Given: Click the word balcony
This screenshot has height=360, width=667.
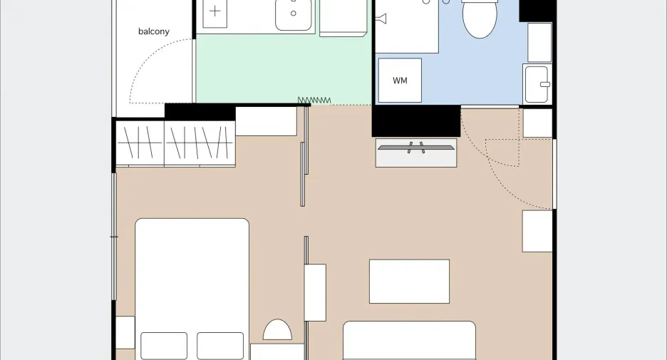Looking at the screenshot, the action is tap(153, 31).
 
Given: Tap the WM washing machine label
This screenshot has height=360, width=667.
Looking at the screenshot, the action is tap(400, 81).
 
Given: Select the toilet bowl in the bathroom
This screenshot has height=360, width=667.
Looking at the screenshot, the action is tap(480, 19).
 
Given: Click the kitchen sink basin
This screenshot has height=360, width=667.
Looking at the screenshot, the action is tap(293, 14).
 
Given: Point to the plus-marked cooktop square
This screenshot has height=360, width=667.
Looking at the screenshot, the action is tap(214, 12).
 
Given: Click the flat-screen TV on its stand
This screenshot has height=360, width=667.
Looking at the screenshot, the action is tap(415, 148).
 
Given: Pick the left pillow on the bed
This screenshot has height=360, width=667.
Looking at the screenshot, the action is tap(164, 346).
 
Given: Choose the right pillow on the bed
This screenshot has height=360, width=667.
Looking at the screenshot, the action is tap(220, 346).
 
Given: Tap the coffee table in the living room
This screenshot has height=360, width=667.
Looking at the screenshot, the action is tap(409, 282).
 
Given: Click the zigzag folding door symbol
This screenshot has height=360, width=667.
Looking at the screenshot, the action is tap(314, 101).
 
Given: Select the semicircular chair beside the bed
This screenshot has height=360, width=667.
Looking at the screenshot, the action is tap(277, 330).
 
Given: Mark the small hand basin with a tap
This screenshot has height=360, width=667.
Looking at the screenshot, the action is tap(537, 84).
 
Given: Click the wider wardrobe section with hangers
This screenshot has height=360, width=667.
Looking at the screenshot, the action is tap(200, 143).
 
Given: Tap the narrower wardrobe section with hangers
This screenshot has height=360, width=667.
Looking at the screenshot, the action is tap(140, 143).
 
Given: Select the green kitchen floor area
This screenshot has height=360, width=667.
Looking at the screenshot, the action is tap(284, 69).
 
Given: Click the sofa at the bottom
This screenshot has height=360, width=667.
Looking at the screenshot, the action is tap(409, 341).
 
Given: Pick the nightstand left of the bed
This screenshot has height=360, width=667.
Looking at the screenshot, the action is tap(125, 332).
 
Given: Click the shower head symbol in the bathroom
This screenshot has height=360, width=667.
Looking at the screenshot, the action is tap(381, 19).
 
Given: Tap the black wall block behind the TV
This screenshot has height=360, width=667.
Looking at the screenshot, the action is tap(416, 121).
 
